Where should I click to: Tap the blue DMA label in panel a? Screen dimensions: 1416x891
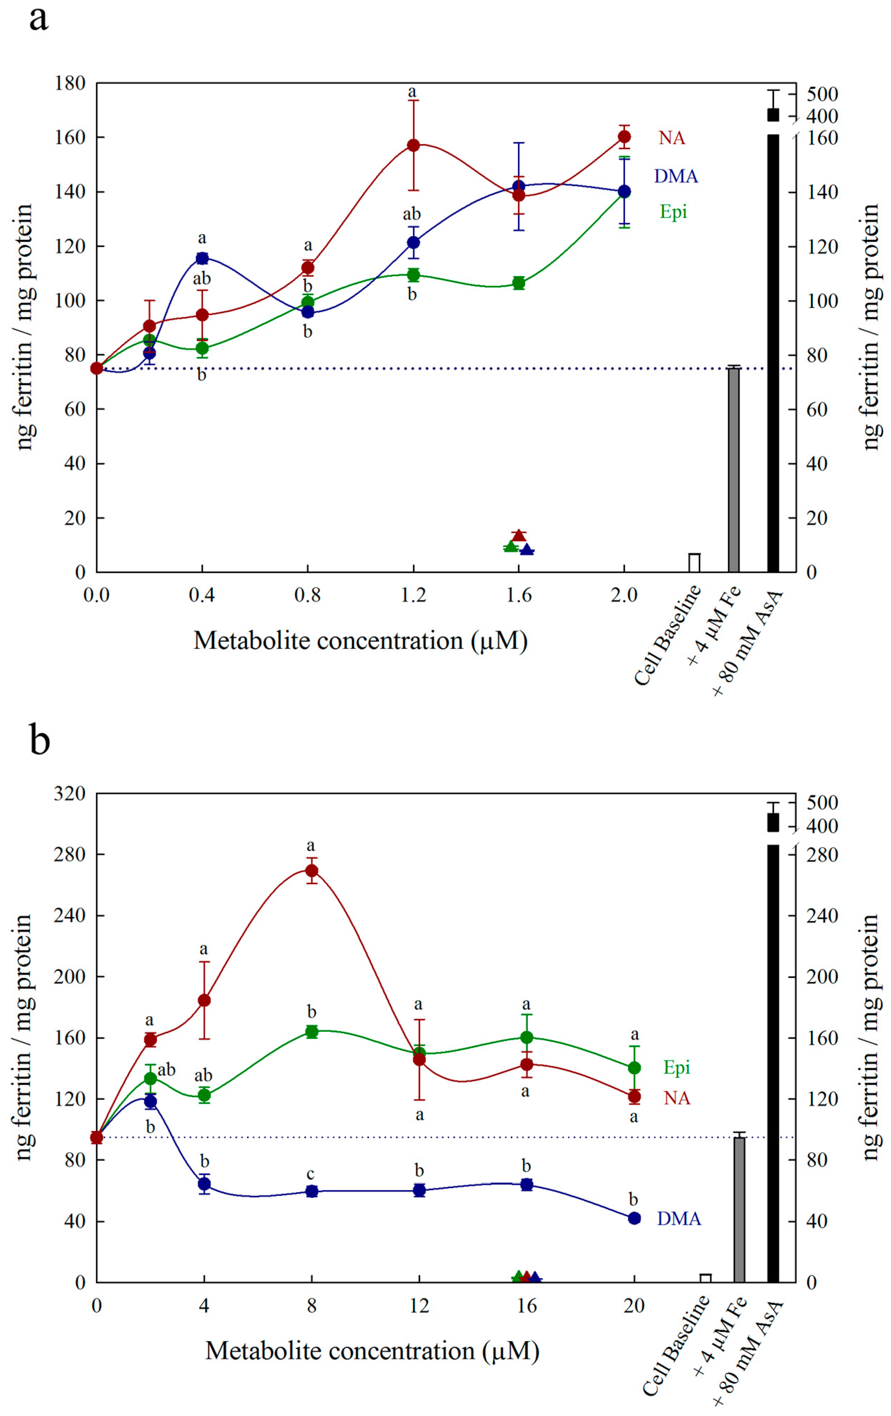click(x=676, y=176)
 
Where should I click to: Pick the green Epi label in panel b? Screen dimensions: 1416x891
click(x=676, y=1067)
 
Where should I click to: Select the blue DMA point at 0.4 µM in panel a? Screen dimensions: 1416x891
click(x=202, y=258)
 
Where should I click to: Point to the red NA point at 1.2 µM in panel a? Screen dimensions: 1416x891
click(x=413, y=145)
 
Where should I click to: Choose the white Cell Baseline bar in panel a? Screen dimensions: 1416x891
click(x=694, y=563)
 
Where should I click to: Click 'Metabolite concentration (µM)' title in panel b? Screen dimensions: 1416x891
click(x=372, y=1351)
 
